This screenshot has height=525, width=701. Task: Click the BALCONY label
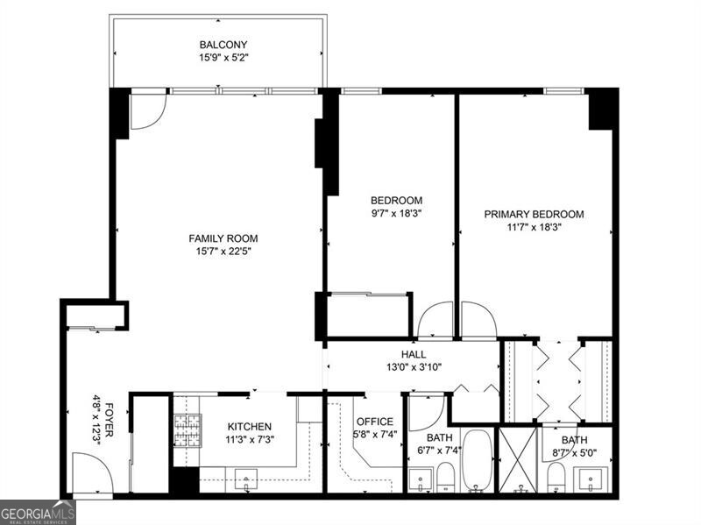[223, 45]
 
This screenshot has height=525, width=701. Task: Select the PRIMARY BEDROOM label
[534, 214]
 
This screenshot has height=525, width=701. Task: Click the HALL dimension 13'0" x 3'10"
[414, 368]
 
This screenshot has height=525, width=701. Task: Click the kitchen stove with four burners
[187, 430]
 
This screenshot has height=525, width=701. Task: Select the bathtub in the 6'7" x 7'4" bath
[478, 460]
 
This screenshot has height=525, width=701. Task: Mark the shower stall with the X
[518, 459]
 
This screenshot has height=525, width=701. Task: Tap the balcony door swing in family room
[147, 111]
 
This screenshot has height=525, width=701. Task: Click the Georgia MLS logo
[38, 512]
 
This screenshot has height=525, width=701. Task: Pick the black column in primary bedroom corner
[603, 109]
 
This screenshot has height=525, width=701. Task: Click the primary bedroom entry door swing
[478, 321]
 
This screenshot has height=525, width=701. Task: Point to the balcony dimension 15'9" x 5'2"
[223, 60]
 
